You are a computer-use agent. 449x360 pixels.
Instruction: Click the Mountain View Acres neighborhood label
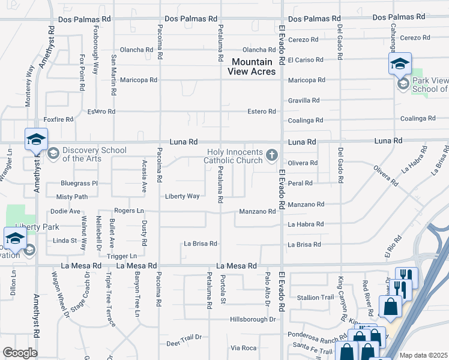pyautogui.click(x=252, y=67)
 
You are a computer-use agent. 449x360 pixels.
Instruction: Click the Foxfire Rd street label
pyautogui.click(x=58, y=119)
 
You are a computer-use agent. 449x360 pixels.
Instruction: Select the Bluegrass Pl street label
pyautogui.click(x=79, y=183)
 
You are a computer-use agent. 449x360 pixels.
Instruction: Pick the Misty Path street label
pyautogui.click(x=72, y=197)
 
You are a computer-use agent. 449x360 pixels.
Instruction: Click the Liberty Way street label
pyautogui.click(x=182, y=196)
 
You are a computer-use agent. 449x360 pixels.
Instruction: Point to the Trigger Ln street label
pyautogui.click(x=122, y=256)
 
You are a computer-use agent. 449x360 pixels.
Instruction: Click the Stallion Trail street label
pyautogui.click(x=315, y=297)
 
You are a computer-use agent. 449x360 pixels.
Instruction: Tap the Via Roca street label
pyautogui.click(x=244, y=348)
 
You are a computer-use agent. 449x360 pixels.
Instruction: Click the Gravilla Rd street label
pyautogui.click(x=304, y=100)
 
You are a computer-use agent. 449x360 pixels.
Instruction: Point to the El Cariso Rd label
pyautogui.click(x=306, y=60)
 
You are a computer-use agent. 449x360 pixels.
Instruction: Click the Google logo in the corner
pyautogui.click(x=19, y=353)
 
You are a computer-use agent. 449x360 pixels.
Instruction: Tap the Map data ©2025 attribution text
pyautogui.click(x=423, y=355)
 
